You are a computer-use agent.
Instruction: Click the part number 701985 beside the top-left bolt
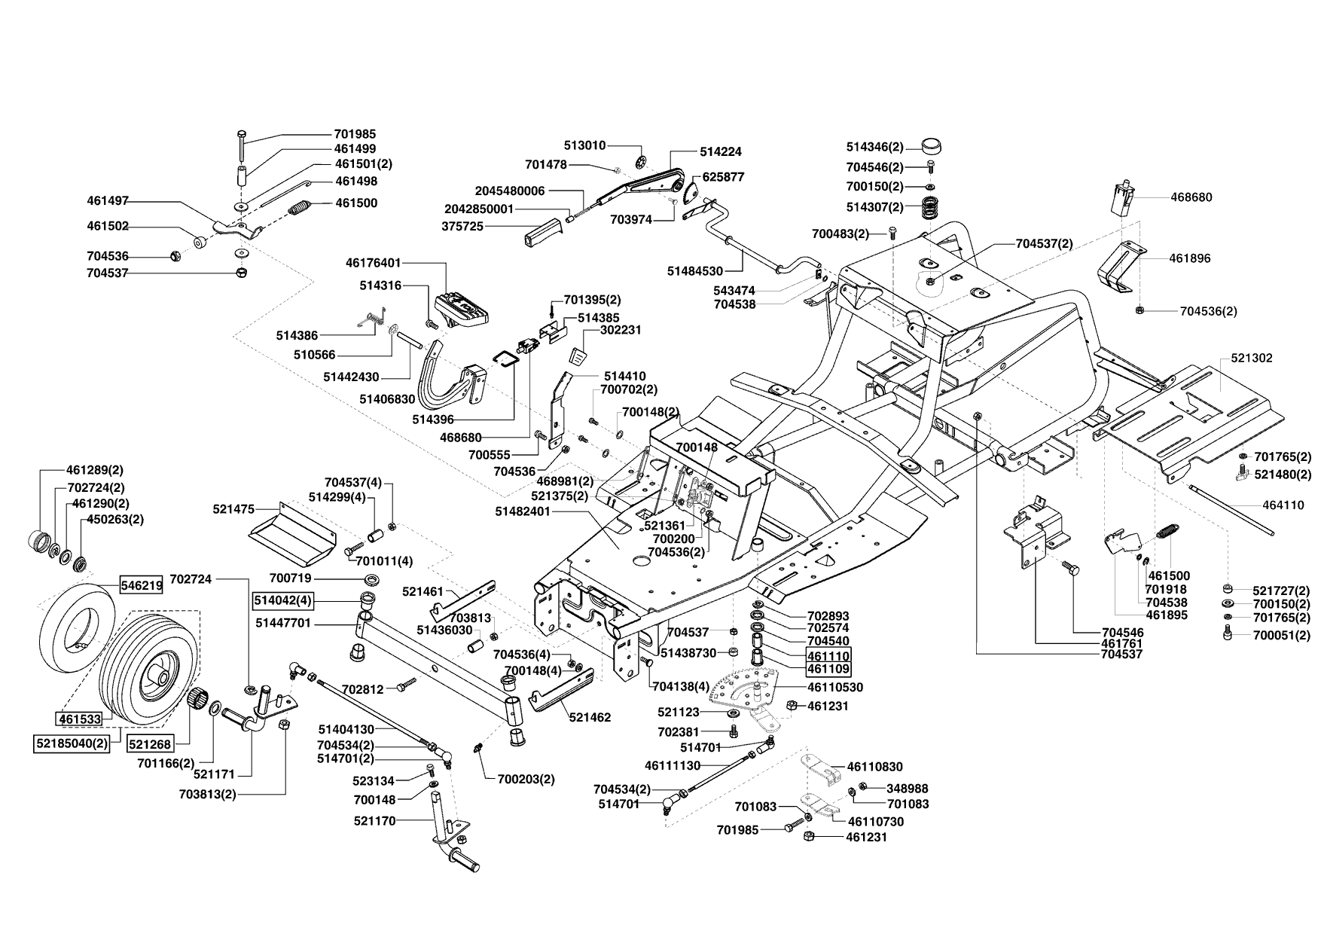(355, 134)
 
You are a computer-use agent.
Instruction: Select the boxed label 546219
(141, 585)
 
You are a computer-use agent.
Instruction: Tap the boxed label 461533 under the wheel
(80, 719)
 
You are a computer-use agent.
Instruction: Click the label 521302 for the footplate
(1251, 359)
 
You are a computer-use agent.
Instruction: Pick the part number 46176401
(374, 264)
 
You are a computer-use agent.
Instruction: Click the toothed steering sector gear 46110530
(750, 685)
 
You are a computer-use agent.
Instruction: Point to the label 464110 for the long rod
(1283, 505)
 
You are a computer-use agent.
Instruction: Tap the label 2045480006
(509, 191)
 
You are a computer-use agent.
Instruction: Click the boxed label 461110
(828, 655)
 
